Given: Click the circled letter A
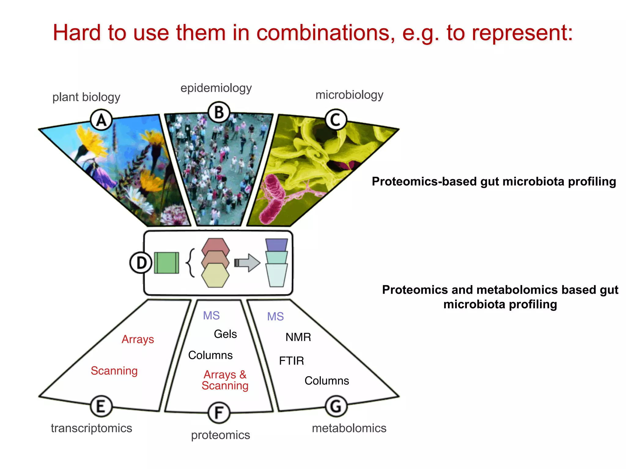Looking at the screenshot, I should pos(101,120).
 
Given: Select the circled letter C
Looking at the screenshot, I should pos(336,120).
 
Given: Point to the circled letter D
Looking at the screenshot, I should pos(141,263).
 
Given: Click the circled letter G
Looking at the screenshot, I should pos(336,406).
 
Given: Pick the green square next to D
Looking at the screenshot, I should pos(166,263).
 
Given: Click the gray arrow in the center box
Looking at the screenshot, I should pos(248,263).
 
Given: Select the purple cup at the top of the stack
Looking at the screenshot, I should pos(276,245).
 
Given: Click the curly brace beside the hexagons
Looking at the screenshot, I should pos(190,263).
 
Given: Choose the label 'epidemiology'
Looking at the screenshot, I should pos(216,88).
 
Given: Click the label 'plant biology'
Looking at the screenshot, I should pos(86,97).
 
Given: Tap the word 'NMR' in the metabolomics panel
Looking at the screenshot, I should pos(298,337).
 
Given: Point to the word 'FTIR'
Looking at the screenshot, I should pos(291,361).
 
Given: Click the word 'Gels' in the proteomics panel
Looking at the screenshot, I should pos(225,334).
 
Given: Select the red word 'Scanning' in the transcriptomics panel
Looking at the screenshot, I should pos(114,371).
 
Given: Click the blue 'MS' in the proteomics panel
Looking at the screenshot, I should pos(211,315).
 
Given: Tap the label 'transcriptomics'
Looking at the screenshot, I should pos(91,428).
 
